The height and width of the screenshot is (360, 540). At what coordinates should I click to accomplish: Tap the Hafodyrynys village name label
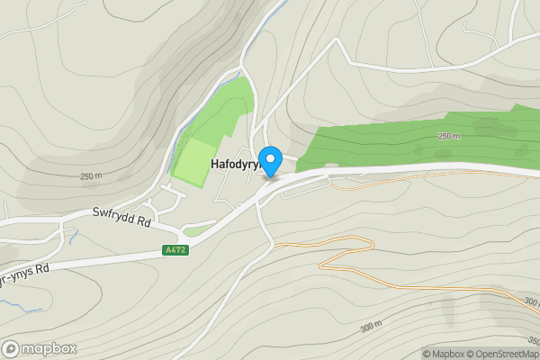[x=234, y=165]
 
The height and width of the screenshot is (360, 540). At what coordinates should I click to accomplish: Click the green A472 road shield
[x=175, y=250]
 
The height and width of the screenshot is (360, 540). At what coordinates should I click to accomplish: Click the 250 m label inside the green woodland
[x=448, y=137]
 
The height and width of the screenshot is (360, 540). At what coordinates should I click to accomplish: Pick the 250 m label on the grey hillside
[x=92, y=176]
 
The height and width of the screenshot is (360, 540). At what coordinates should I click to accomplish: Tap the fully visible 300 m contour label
[x=371, y=327]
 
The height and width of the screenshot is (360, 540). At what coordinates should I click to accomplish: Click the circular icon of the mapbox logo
[x=12, y=348]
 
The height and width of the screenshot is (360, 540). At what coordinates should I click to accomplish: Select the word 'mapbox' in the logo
[x=49, y=348]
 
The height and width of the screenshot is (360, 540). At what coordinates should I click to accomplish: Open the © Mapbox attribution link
[x=444, y=354]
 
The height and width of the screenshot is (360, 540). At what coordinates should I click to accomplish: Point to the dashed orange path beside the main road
[x=432, y=179]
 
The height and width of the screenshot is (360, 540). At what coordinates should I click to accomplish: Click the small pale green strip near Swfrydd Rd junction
[x=196, y=230]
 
